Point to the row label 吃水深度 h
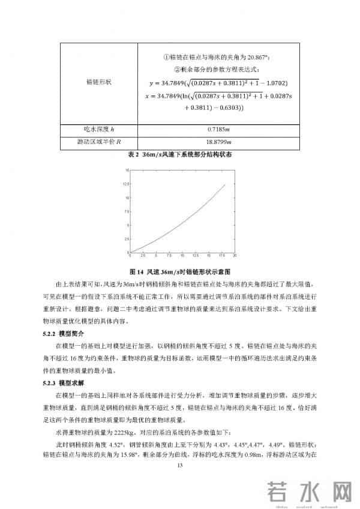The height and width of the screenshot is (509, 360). point(96,129)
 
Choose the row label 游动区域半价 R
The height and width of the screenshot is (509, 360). point(96,142)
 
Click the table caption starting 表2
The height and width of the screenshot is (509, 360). point(180,154)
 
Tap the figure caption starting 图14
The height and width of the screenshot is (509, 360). point(180,271)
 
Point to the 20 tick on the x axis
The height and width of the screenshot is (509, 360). point(235,254)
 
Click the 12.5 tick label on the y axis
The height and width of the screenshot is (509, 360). point(127,184)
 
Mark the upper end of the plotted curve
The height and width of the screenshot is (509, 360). point(225,185)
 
